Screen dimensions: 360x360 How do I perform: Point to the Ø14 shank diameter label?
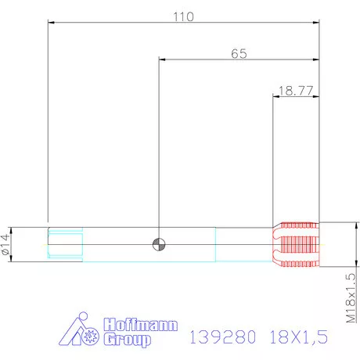tap(7, 244)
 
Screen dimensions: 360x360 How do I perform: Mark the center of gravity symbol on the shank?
tap(159, 243)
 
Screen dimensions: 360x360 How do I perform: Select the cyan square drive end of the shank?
tap(64, 243)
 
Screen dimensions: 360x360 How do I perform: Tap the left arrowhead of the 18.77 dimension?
tap(275, 96)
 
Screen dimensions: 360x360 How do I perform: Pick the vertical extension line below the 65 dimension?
tap(159, 149)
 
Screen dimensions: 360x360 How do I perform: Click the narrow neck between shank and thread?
tap(243, 243)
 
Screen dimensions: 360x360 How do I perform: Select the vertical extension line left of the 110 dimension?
tap(48, 125)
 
